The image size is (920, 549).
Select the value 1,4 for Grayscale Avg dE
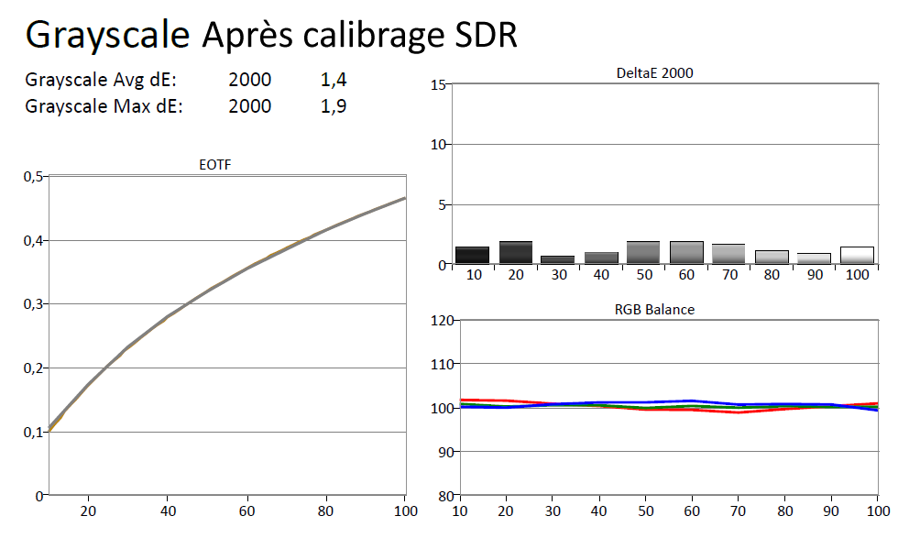(334, 80)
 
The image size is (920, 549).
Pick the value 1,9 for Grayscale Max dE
(334, 106)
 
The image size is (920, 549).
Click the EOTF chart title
(214, 165)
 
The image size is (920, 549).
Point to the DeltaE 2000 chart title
(655, 74)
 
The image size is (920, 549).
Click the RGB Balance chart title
(654, 310)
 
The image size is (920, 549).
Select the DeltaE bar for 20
(516, 253)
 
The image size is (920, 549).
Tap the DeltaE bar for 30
(558, 260)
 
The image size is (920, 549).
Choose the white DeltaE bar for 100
(857, 256)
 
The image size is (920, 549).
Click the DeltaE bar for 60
(686, 253)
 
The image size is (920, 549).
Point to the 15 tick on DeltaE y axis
(438, 85)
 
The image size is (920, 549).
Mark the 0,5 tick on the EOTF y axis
(34, 176)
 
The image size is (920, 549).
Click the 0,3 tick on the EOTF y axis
(34, 304)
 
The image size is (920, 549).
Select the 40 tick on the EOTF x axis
(168, 510)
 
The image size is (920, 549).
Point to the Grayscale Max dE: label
(104, 106)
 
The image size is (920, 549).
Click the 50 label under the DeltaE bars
(644, 275)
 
